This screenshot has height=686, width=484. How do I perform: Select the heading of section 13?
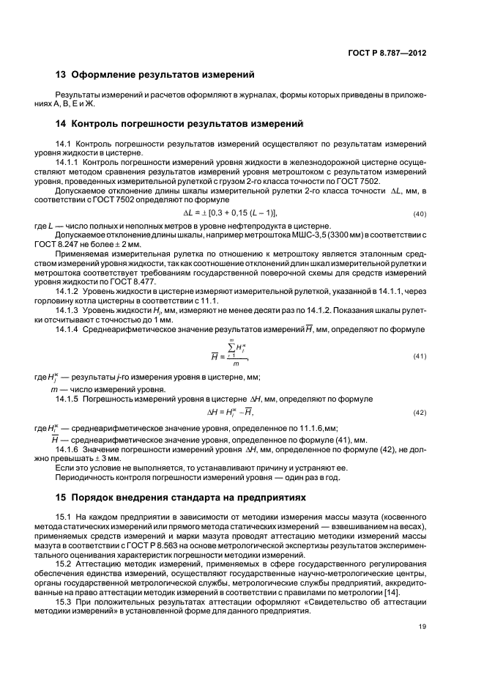click(155, 74)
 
